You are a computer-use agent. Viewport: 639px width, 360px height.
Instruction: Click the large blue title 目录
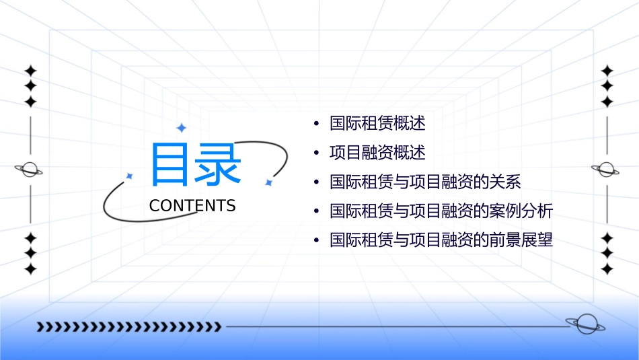pos(196,164)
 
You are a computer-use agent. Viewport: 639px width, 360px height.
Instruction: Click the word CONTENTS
pos(192,206)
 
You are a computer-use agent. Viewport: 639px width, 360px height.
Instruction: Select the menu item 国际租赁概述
pos(377,124)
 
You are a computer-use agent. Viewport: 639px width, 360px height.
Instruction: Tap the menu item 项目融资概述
pos(377,153)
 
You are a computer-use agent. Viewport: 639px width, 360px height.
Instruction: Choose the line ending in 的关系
pos(425,182)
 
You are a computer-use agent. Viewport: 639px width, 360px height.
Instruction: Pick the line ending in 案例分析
pos(441,211)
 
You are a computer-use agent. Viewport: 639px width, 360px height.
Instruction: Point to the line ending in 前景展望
pos(441,240)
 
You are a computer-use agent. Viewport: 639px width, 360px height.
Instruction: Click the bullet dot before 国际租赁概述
pos(316,124)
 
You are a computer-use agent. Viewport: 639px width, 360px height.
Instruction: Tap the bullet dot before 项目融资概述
pos(316,153)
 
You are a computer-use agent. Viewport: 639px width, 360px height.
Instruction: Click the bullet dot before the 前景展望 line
pos(316,241)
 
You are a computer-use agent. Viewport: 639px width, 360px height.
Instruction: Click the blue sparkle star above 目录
pos(180,127)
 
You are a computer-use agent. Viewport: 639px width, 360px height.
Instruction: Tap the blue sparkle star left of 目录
pos(130,176)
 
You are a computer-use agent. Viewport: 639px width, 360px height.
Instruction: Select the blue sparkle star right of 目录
pos(268,182)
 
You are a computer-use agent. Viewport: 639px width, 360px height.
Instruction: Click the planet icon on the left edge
pos(30,170)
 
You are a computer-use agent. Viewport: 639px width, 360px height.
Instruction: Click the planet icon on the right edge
pos(607,170)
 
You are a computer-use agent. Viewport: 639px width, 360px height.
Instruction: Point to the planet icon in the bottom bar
pos(585,324)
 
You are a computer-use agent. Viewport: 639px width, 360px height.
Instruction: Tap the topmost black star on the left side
pos(30,71)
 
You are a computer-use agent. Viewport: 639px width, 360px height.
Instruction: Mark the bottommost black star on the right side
pos(607,268)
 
